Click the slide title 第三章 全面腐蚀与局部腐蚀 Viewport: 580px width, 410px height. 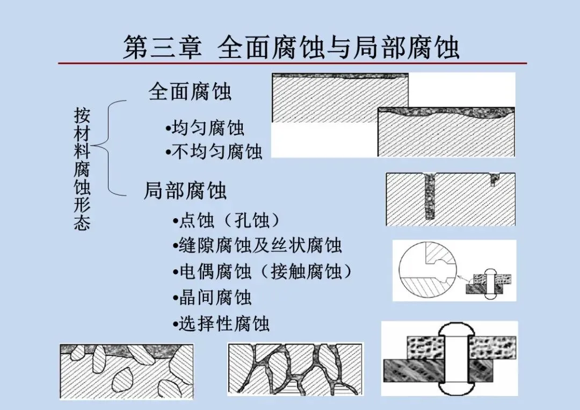pos(292,47)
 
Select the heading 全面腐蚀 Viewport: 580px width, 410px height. pos(190,92)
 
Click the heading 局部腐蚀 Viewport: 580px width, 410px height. pos(185,191)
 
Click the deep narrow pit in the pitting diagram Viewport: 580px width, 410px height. pos(429,196)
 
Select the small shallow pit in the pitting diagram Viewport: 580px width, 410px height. pos(494,179)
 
